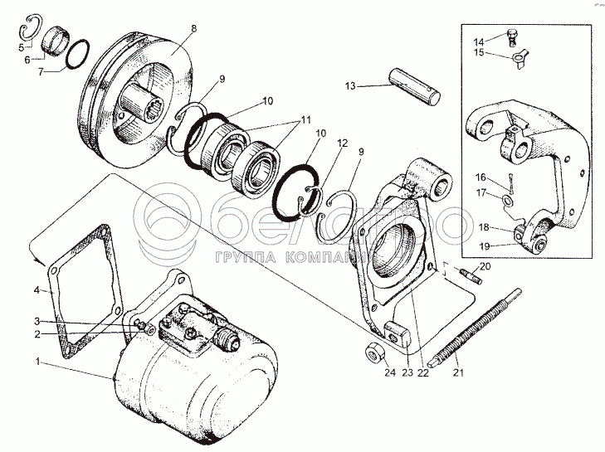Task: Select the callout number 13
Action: coord(350,85)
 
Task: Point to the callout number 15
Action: coord(479,53)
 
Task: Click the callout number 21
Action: coord(458,372)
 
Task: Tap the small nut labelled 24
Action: coord(375,355)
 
